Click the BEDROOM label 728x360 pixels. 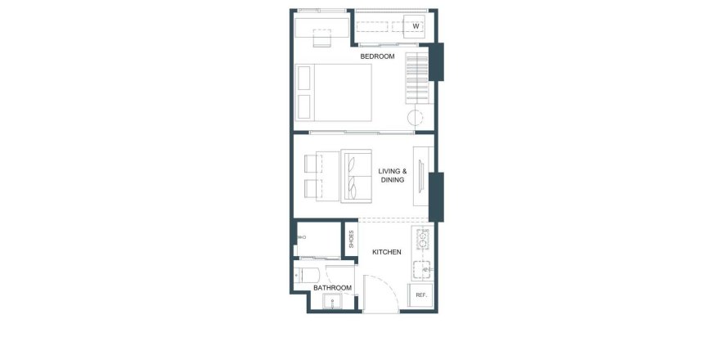click(377, 56)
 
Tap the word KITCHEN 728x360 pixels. click(387, 252)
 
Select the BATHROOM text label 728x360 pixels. click(332, 288)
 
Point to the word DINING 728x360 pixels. click(393, 180)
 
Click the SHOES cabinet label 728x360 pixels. click(351, 239)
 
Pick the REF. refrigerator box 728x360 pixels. click(420, 295)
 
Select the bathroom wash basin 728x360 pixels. click(332, 302)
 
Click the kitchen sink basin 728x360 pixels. click(421, 269)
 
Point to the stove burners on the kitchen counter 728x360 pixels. click(422, 240)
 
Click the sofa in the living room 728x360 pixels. click(357, 176)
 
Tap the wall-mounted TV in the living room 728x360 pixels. click(421, 176)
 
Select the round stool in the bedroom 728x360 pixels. click(416, 118)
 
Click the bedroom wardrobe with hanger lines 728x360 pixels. click(417, 78)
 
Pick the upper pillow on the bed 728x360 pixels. click(303, 78)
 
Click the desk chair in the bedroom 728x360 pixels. click(321, 38)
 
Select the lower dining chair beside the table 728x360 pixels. click(313, 187)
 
